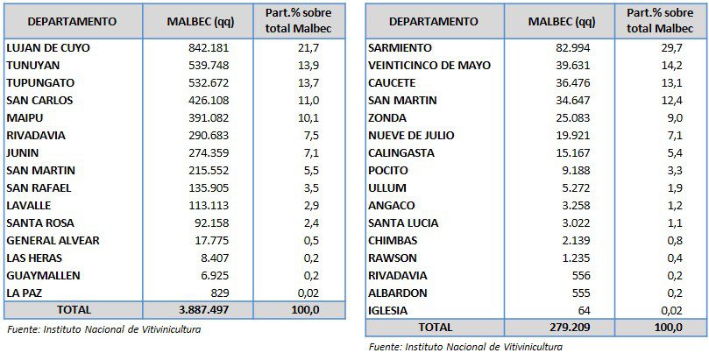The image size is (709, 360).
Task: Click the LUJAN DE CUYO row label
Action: [x=48, y=47]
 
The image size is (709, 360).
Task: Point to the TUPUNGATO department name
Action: [x=40, y=82]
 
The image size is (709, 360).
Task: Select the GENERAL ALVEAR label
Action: [x=53, y=240]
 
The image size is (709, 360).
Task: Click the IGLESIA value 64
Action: [x=582, y=310]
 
